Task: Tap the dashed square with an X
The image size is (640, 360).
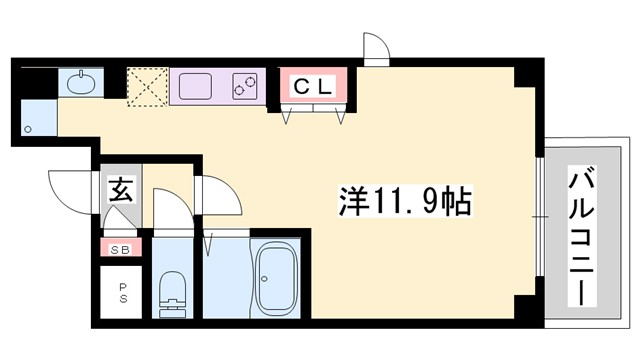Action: coord(146,86)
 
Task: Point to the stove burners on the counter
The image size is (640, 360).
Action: coord(246,86)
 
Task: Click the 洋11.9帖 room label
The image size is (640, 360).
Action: coord(401,201)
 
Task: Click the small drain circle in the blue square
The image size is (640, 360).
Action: coord(30,127)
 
